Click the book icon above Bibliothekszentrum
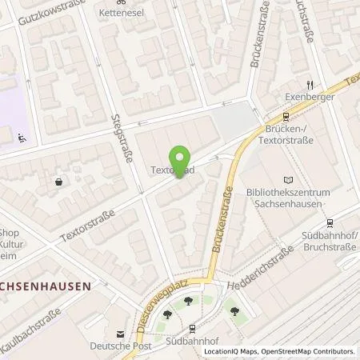pos(288,181)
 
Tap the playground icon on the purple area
pos(21,137)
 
